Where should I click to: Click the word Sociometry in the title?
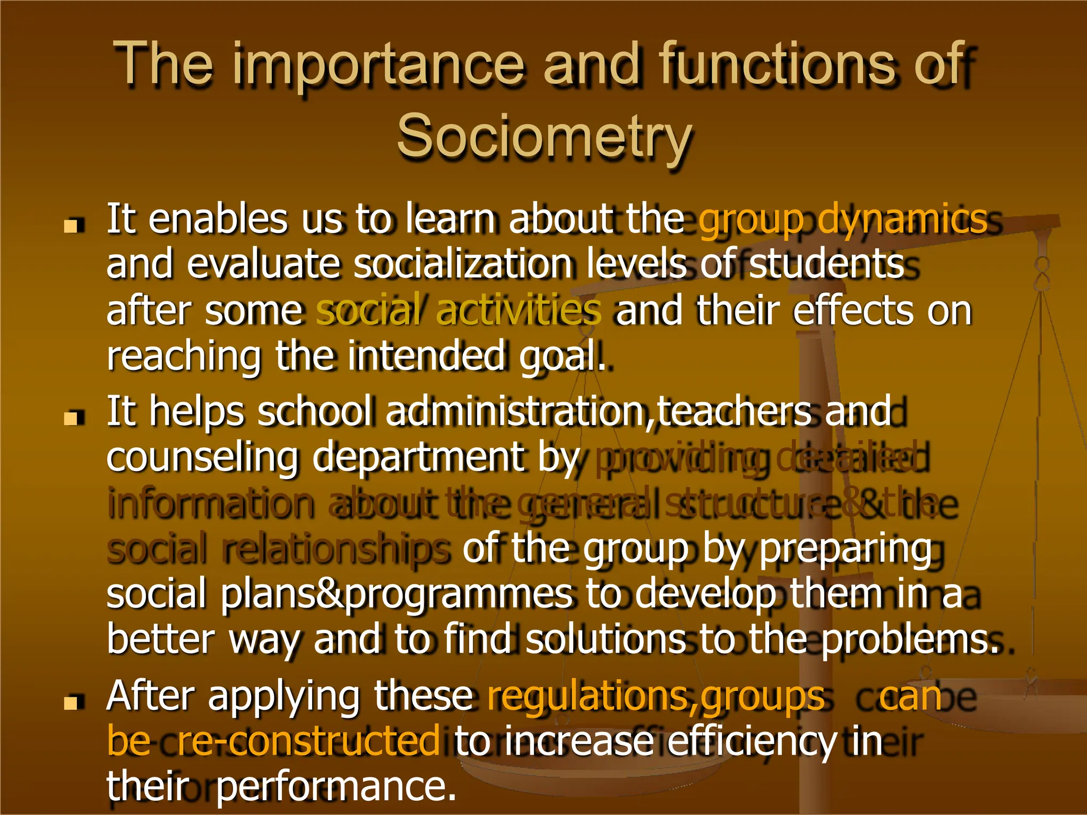545,137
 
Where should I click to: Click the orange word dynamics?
902,219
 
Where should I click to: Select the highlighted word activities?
519,310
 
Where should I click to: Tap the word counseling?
202,458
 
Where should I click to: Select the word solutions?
605,639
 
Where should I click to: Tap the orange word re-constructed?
308,741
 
